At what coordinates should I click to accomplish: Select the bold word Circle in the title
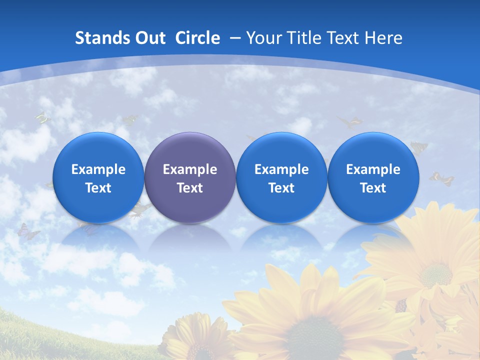197,38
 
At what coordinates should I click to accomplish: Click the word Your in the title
263,38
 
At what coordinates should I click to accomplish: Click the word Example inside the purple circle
190,169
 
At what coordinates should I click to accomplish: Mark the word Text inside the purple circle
190,188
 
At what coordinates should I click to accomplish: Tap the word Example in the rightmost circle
373,169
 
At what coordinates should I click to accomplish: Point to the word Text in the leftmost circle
98,188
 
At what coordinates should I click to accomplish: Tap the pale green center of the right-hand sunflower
435,274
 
